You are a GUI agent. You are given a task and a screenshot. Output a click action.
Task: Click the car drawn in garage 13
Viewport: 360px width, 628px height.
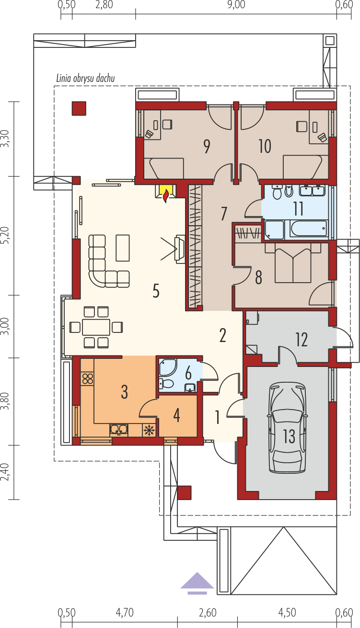point(287,428)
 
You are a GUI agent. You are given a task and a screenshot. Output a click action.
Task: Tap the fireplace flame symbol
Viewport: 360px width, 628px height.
point(166,196)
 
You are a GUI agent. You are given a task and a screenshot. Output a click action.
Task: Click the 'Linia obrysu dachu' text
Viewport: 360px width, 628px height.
point(86,78)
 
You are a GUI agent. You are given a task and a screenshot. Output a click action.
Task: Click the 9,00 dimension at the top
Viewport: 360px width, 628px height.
point(236,5)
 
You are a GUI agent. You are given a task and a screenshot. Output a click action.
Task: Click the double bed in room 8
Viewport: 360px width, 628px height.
point(293,263)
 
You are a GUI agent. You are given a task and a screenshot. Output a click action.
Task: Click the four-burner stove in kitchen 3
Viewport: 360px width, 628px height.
point(88,379)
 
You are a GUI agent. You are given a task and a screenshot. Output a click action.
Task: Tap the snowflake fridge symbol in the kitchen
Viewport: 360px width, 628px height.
point(149,430)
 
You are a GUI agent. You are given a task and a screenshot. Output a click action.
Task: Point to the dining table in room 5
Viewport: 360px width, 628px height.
point(96,327)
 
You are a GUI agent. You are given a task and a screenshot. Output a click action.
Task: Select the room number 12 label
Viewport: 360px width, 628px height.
point(302,340)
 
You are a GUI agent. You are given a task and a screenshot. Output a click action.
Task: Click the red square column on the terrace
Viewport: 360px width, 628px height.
point(79,108)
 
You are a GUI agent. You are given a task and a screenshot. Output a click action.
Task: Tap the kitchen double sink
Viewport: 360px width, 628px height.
point(119,430)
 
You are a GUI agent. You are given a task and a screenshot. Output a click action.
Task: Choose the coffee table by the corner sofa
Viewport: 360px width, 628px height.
point(123,248)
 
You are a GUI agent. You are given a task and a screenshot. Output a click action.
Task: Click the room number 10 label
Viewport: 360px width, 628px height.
point(265,146)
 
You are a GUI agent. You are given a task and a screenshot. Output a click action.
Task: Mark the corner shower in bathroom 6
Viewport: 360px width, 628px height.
point(167,367)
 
